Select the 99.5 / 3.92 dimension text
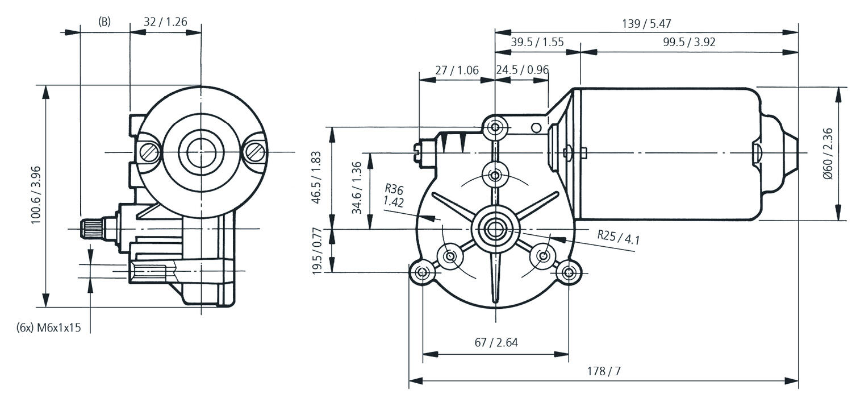click(688, 43)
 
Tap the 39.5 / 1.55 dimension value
click(537, 43)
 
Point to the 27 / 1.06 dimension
click(457, 70)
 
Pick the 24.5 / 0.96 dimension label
click(522, 70)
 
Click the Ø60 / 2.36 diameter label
click(827, 154)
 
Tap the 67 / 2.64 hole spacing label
click(496, 342)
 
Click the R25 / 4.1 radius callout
click(619, 237)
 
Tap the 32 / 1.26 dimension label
click(165, 22)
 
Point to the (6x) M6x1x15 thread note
click(49, 328)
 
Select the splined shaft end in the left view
click(91, 229)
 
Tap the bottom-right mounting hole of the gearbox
click(569, 273)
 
